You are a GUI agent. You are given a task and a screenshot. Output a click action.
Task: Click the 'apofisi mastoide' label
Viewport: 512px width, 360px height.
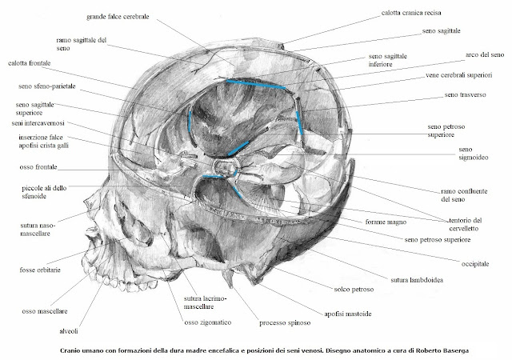pyautogui.click(x=347, y=314)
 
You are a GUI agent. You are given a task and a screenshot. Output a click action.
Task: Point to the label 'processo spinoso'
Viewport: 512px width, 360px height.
pyautogui.click(x=283, y=323)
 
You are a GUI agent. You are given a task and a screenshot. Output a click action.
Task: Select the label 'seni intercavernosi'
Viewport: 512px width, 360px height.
pyautogui.click(x=33, y=123)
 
